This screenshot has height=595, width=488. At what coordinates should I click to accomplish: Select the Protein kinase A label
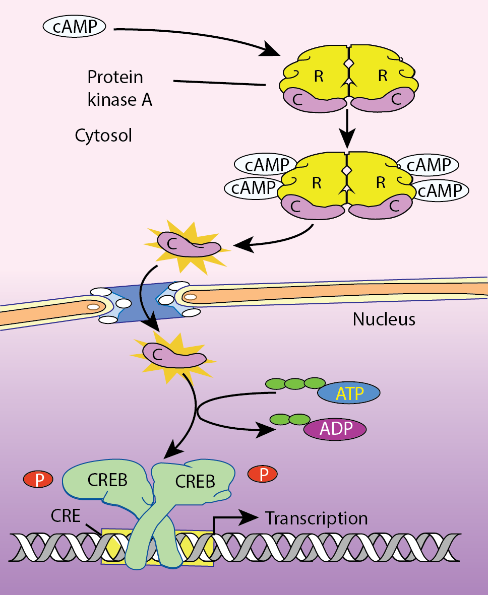click(x=119, y=88)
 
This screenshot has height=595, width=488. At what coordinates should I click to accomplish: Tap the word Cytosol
click(x=103, y=135)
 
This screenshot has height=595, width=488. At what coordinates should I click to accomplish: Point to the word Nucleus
click(x=384, y=319)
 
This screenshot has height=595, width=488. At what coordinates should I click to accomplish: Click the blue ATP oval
click(x=349, y=393)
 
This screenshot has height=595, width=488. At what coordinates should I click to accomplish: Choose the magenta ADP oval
click(x=335, y=429)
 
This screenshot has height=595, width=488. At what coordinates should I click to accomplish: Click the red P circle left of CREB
click(x=38, y=480)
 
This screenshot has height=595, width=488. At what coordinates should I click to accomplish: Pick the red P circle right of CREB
click(x=262, y=474)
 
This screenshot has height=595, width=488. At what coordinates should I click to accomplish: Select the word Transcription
click(x=317, y=518)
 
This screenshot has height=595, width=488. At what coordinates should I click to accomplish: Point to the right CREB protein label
click(x=195, y=481)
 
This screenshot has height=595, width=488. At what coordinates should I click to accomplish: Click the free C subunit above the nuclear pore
click(x=188, y=244)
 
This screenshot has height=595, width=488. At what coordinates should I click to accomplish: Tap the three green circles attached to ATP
click(x=295, y=384)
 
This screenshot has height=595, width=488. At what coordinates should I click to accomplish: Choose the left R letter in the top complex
click(x=318, y=77)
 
